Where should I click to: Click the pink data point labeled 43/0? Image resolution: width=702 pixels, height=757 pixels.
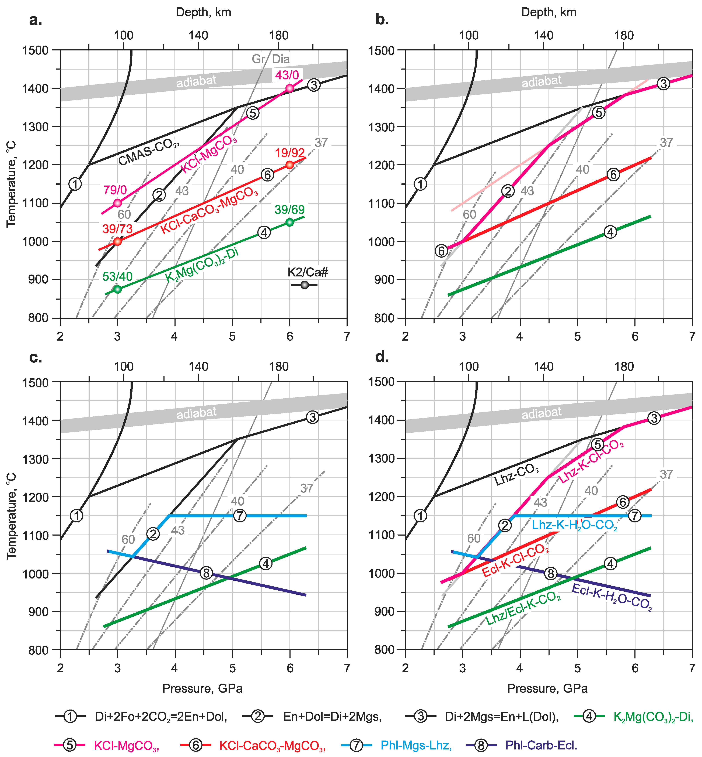[x=289, y=88]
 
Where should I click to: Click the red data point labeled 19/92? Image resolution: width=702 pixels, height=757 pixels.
[x=289, y=165]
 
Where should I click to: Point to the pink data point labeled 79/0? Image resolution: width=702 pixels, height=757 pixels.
[x=117, y=203]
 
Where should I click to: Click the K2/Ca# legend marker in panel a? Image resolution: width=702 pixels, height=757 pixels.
[x=304, y=285]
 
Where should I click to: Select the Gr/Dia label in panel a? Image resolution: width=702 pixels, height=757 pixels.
[x=270, y=59]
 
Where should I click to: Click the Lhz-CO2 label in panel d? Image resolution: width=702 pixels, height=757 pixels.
[x=517, y=475]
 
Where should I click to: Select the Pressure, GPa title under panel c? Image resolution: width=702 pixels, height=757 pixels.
[x=202, y=688]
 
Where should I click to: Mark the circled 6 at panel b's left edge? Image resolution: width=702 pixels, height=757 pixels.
[x=441, y=251]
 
